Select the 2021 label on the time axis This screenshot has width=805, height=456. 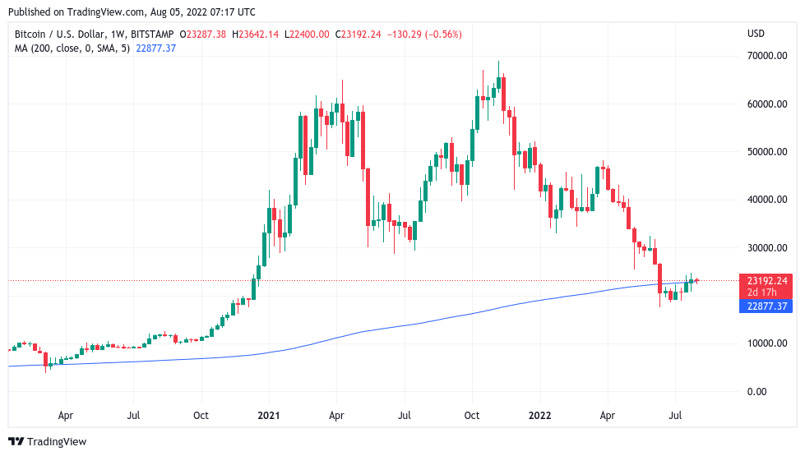tap(270, 416)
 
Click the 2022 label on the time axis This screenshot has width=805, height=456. tap(539, 416)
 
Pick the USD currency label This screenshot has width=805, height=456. tap(756, 34)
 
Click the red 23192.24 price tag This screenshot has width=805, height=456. tap(766, 280)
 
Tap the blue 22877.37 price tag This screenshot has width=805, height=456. tap(766, 306)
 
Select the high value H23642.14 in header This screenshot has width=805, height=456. tap(256, 35)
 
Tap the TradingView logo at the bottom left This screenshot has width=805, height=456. tap(47, 442)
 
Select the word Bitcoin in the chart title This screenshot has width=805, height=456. tap(32, 35)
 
